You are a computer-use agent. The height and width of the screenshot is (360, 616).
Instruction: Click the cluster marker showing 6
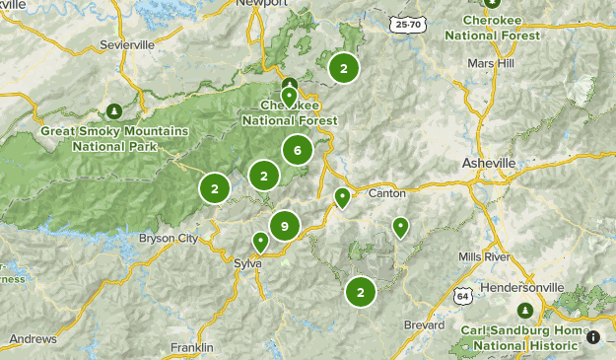pyautogui.click(x=297, y=150)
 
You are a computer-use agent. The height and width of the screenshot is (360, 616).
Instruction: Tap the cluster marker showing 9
pyautogui.click(x=284, y=227)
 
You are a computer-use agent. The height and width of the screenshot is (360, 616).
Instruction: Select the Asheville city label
pyautogui.click(x=489, y=162)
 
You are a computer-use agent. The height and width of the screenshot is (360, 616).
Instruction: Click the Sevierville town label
pyautogui.click(x=128, y=45)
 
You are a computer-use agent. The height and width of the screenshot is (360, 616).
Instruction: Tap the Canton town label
pyautogui.click(x=385, y=193)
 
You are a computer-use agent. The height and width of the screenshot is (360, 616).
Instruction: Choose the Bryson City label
pyautogui.click(x=169, y=239)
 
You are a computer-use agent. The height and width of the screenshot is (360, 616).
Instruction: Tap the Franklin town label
pyautogui.click(x=191, y=347)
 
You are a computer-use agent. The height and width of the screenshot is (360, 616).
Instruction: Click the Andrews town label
pyautogui.click(x=33, y=338)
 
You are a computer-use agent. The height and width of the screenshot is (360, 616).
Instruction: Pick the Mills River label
pyautogui.click(x=484, y=256)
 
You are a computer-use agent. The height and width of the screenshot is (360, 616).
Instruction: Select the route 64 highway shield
pyautogui.click(x=462, y=296)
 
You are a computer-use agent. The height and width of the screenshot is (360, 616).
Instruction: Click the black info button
pyautogui.click(x=594, y=337)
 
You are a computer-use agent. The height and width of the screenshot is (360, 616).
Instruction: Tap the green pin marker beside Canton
pyautogui.click(x=342, y=197)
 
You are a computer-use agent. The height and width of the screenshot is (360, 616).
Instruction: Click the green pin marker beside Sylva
pyautogui.click(x=260, y=241)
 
